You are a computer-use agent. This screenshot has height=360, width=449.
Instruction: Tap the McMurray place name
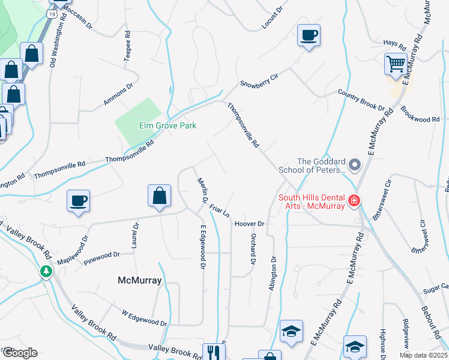pos(140,280)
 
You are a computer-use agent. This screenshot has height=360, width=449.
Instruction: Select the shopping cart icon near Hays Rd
pos(396,64)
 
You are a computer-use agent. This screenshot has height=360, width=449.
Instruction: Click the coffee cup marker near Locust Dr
pos(309,35)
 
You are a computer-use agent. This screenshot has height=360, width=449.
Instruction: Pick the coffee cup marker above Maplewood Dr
pos(79,200)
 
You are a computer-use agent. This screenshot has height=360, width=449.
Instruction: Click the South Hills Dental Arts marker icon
pos(355,200)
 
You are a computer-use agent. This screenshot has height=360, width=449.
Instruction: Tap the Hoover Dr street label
pos(250,224)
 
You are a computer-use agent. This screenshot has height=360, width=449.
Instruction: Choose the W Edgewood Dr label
pos(144,318)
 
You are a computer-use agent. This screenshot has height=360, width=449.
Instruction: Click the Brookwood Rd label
pos(420,115)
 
